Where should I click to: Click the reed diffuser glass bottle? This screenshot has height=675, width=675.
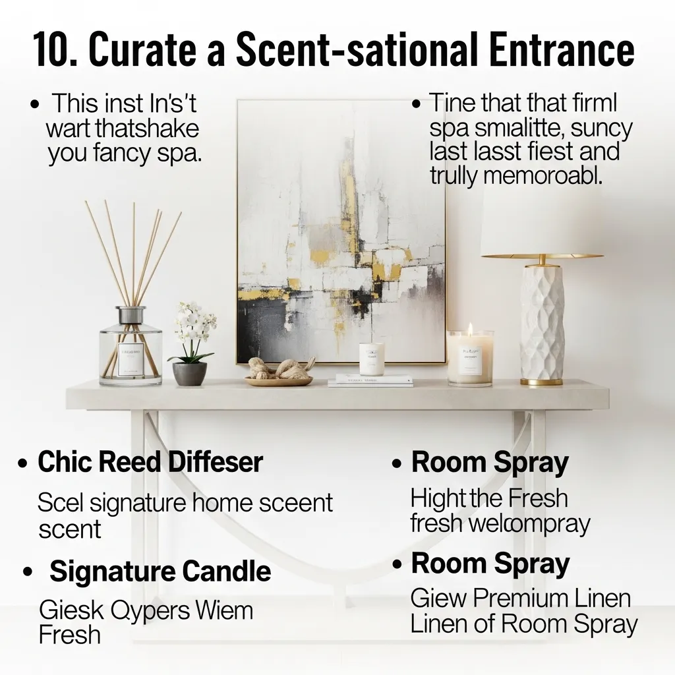(130, 349)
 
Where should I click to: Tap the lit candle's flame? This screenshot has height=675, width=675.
(470, 328)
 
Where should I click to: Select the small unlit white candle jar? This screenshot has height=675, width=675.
(372, 359)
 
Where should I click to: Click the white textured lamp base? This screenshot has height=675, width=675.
(542, 323)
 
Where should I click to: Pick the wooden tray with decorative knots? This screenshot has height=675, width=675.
(279, 374)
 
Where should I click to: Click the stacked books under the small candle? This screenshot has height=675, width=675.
(370, 380)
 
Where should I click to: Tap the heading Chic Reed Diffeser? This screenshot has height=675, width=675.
(150, 462)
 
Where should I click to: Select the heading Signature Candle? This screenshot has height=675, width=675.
(160, 571)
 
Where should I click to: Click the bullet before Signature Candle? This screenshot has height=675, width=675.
(28, 572)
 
